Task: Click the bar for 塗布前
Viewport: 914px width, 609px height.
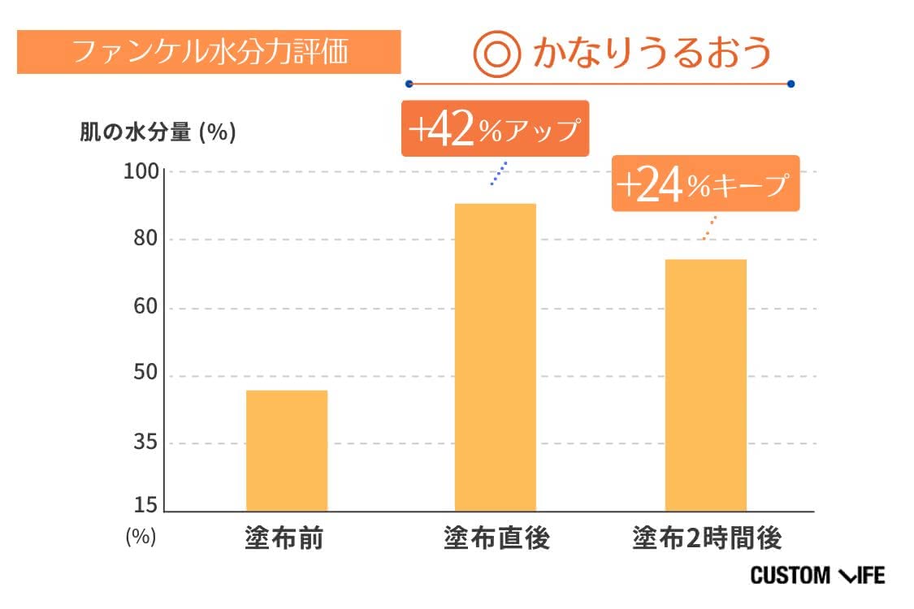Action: pyautogui.click(x=287, y=451)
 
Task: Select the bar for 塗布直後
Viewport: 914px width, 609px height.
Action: pyautogui.click(x=496, y=357)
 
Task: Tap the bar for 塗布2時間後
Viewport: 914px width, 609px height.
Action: pyautogui.click(x=705, y=385)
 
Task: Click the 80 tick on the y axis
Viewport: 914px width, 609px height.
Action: pyautogui.click(x=147, y=240)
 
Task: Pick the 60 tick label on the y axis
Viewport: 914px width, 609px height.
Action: pyautogui.click(x=147, y=309)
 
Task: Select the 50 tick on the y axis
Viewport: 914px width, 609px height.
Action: pyautogui.click(x=147, y=377)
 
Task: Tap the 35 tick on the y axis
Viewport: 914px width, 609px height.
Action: pyautogui.click(x=147, y=444)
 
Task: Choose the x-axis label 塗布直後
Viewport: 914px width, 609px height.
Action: pyautogui.click(x=496, y=538)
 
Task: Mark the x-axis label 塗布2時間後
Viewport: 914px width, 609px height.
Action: pyautogui.click(x=707, y=538)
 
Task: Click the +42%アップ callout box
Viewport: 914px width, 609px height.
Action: pyautogui.click(x=494, y=129)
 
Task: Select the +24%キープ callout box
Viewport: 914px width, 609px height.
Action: pyautogui.click(x=705, y=184)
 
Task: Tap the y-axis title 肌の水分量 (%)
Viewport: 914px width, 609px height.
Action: pyautogui.click(x=158, y=133)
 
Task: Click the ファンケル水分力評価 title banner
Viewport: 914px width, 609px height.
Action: pyautogui.click(x=209, y=52)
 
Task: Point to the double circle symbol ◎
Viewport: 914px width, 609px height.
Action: pyautogui.click(x=496, y=54)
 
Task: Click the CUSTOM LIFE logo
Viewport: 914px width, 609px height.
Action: pyautogui.click(x=817, y=576)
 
